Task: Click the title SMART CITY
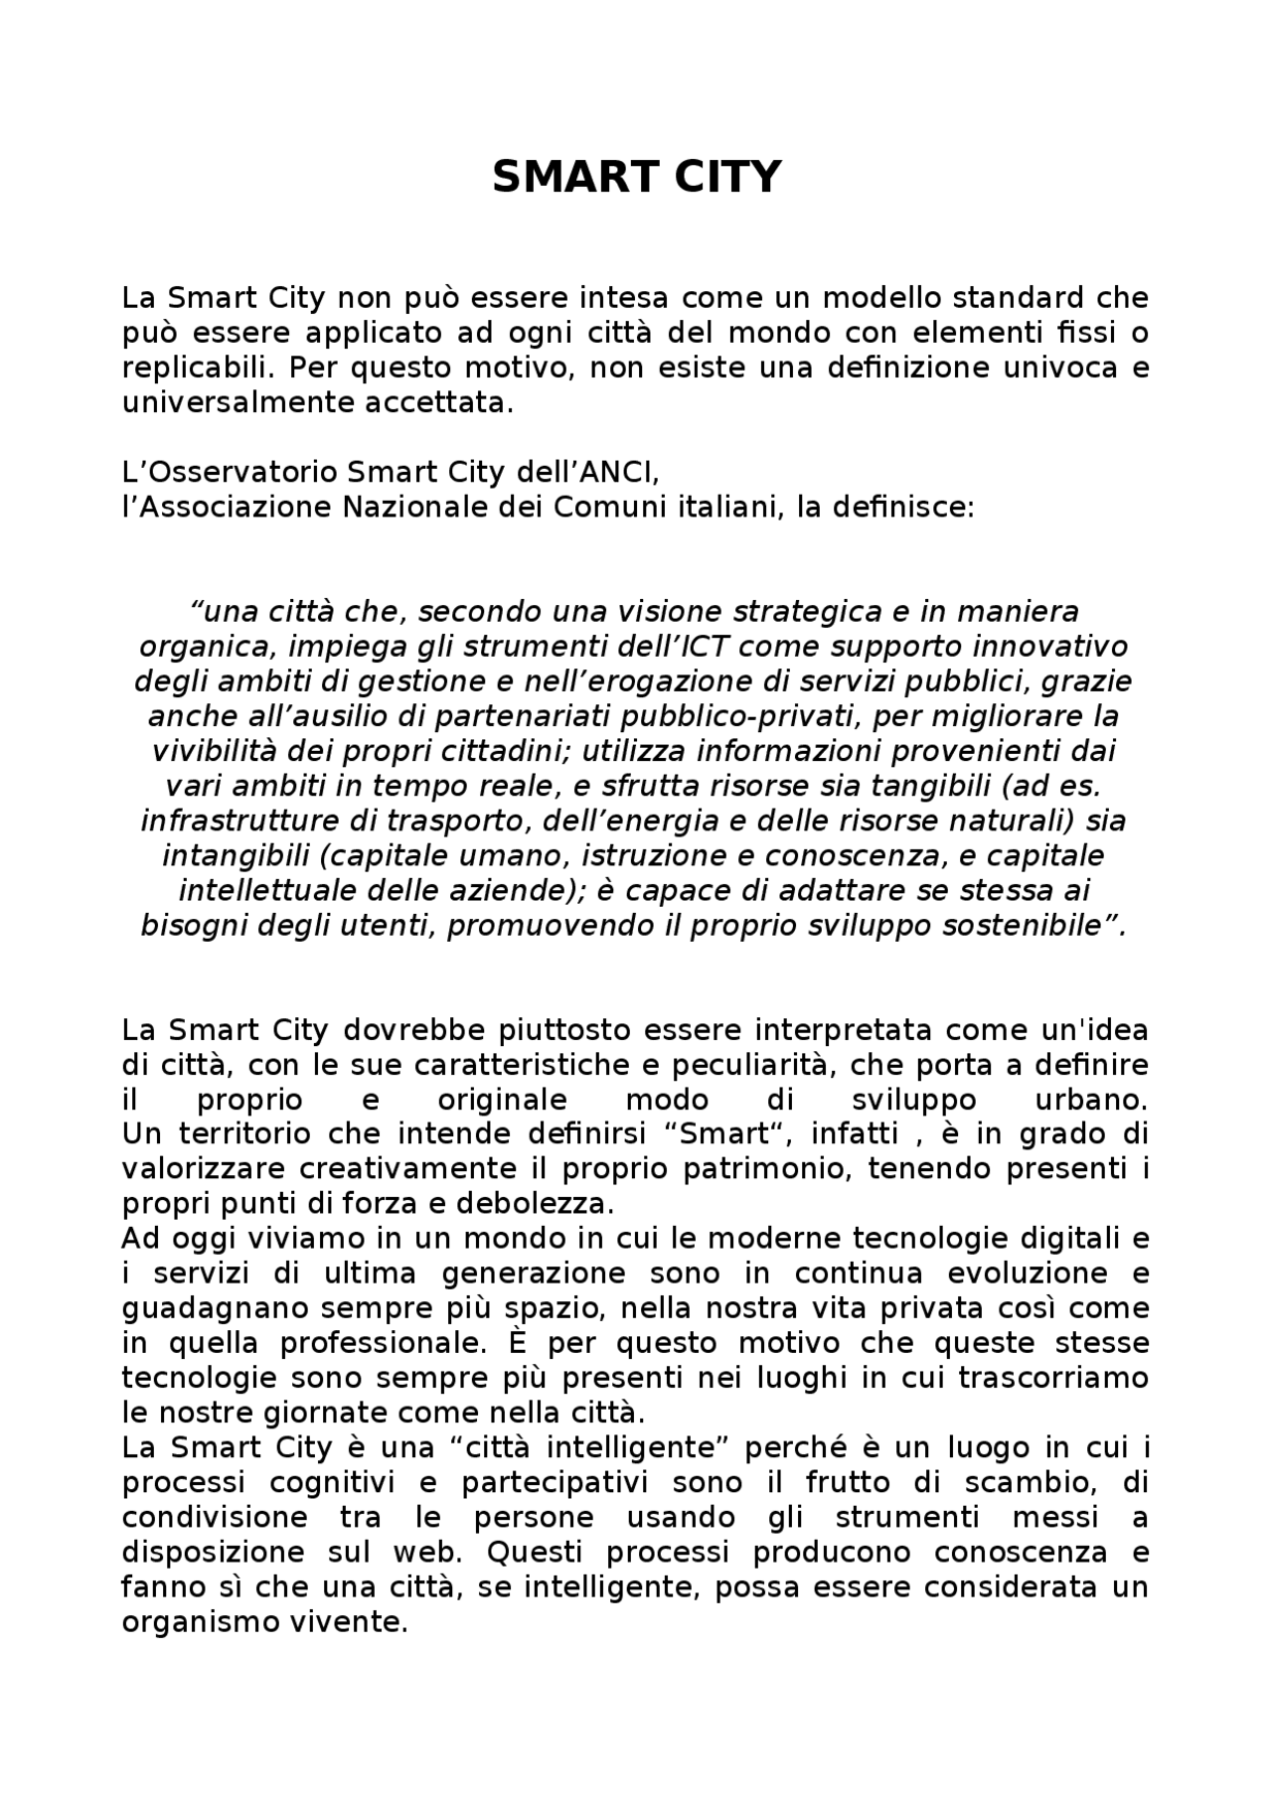[636, 178]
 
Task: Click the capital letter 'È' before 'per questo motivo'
[519, 1343]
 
